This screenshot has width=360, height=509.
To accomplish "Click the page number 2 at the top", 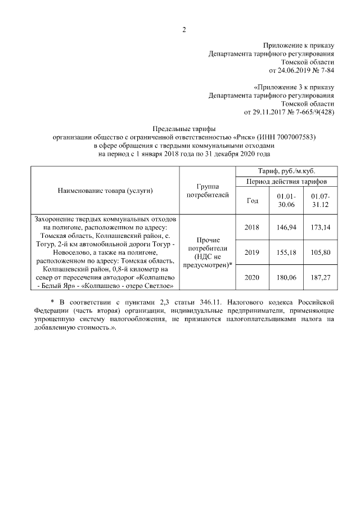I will tap(184, 30).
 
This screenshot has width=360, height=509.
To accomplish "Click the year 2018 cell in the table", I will tap(253, 227).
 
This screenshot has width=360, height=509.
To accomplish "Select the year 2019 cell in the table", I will tap(253, 253).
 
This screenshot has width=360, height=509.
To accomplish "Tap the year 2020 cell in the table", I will tap(253, 277).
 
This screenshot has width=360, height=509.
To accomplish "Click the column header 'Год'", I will tap(253, 201).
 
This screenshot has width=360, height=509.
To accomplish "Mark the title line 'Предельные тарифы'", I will tap(184, 129).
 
